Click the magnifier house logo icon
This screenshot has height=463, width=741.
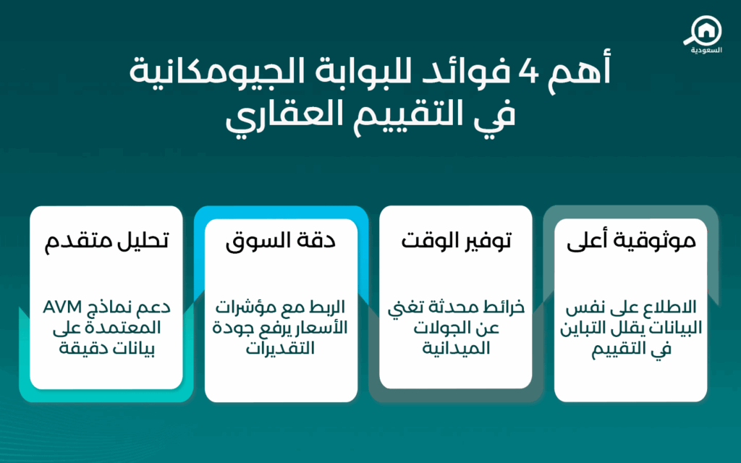pyautogui.click(x=703, y=31)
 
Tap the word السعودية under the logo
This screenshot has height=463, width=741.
pyautogui.click(x=706, y=50)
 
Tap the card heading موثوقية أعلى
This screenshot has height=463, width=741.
pyautogui.click(x=631, y=240)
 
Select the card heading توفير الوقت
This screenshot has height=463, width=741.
pyautogui.click(x=456, y=240)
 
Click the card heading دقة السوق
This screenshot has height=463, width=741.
pyautogui.click(x=281, y=240)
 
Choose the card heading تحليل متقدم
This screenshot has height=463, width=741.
pyautogui.click(x=106, y=240)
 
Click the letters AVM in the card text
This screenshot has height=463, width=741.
pyautogui.click(x=62, y=307)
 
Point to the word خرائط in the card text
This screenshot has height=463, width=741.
pyautogui.click(x=506, y=307)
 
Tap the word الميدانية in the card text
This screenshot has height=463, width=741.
pyautogui.click(x=456, y=348)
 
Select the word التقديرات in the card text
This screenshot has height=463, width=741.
pyautogui.click(x=280, y=348)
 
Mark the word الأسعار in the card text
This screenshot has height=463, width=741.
pyautogui.click(x=321, y=327)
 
